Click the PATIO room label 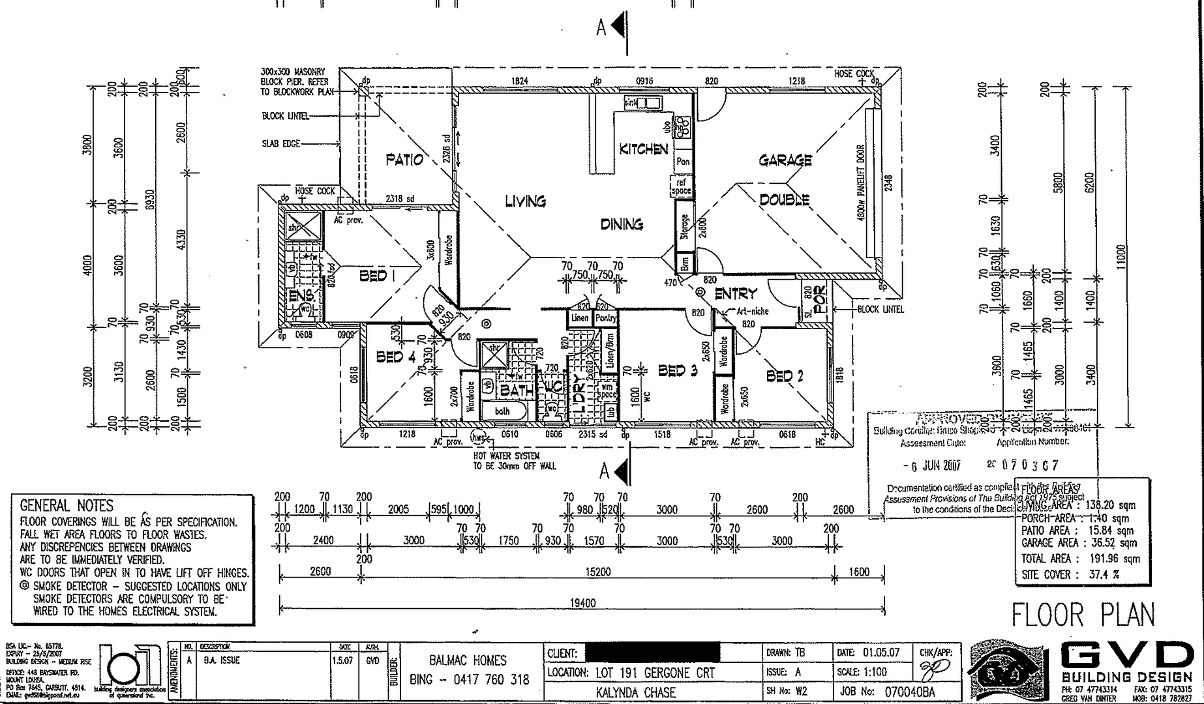pos(404,160)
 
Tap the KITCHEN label pos(643,149)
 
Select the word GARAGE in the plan pos(785,160)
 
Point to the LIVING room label pos(525,201)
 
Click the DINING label pos(622,225)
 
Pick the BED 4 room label pos(395,357)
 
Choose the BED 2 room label pos(785,376)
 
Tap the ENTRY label pos(736,294)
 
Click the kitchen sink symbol pos(642,103)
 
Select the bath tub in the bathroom pos(502,411)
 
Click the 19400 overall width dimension pos(582,604)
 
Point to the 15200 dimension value pos(597,572)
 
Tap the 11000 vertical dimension pos(1120,258)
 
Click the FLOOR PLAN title pos(1083,615)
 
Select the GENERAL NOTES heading pos(67,506)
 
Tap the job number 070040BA pos(909,692)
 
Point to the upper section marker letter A pos(601,27)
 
